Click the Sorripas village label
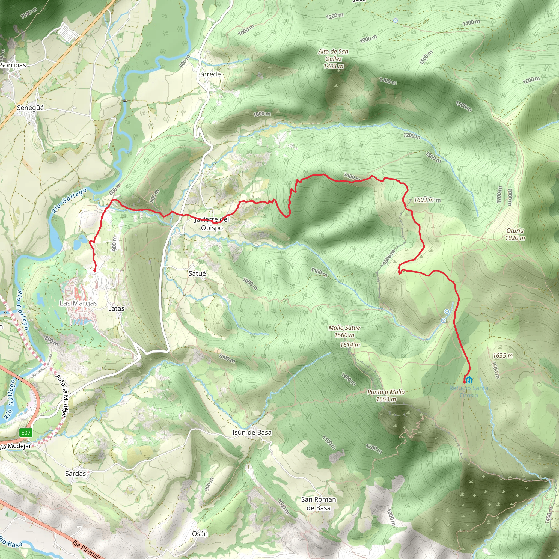point(13,65)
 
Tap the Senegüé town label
point(30,108)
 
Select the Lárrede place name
point(209,74)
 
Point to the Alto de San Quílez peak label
point(333,59)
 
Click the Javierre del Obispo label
point(212,223)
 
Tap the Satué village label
point(197,273)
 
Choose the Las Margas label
point(78,303)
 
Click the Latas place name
point(116,308)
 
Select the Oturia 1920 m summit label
point(515,234)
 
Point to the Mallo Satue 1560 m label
point(344,331)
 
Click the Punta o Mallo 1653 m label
point(386,396)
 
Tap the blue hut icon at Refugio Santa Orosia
point(469,380)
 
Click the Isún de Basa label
point(252,432)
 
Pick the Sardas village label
point(76,474)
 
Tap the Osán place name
point(200,534)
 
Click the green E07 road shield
point(26,433)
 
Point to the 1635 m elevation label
point(503,356)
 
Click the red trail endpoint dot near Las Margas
point(95,270)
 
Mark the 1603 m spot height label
point(424,200)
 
